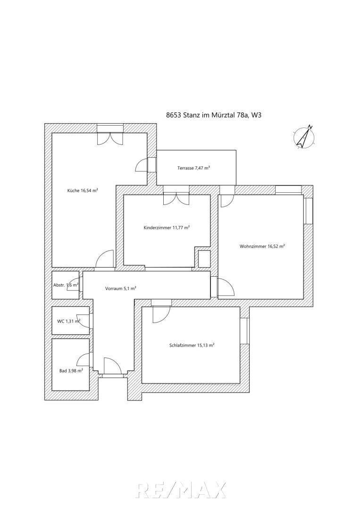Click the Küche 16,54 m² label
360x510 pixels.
coord(83,191)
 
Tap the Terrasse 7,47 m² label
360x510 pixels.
coord(193,168)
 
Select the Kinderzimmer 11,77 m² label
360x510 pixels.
coord(167,228)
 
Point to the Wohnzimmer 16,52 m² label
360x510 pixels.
coord(262,246)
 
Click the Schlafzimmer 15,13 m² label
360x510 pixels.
coord(192,345)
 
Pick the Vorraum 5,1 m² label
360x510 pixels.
coord(120,288)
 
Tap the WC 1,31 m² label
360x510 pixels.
coord(68,321)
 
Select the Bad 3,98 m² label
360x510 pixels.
coord(71,370)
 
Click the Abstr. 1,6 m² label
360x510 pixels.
coord(66,285)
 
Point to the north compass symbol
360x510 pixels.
coord(304,136)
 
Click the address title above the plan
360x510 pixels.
coord(214,115)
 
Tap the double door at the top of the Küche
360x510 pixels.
coord(110,136)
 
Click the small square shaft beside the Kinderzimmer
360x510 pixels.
coord(204,259)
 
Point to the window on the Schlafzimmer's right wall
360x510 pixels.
coord(246,331)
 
